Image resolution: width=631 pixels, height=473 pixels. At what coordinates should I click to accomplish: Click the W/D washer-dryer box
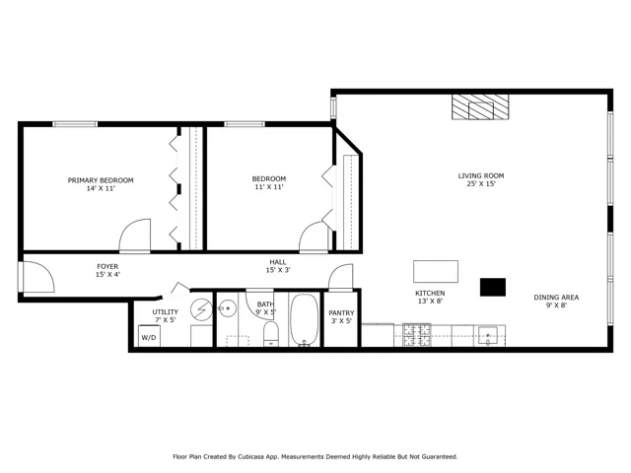click(x=149, y=336)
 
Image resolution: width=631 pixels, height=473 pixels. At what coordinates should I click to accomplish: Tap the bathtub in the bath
click(x=305, y=320)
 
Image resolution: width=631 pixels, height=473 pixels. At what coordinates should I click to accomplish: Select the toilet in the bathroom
click(x=271, y=334)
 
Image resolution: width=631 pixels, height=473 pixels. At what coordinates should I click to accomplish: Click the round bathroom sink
click(x=228, y=308)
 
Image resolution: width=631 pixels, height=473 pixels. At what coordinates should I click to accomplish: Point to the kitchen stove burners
click(x=417, y=335)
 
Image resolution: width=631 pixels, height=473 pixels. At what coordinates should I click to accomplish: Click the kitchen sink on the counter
click(x=488, y=336)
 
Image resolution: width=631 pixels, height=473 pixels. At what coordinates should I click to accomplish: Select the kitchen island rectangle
click(x=436, y=272)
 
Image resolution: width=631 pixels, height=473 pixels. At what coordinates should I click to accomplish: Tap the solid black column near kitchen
click(x=493, y=287)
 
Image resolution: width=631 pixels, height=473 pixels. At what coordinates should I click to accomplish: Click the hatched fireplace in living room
click(x=480, y=107)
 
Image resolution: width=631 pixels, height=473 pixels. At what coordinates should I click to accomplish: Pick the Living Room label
click(x=481, y=179)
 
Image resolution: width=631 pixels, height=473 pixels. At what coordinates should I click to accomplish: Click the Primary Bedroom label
click(x=101, y=184)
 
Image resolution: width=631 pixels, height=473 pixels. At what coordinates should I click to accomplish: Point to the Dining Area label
click(x=556, y=301)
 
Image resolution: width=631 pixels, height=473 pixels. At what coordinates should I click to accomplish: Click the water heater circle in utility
click(x=201, y=309)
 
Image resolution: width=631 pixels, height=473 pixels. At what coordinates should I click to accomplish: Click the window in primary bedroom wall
click(x=75, y=124)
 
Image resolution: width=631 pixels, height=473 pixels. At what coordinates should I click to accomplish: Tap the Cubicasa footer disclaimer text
click(x=315, y=456)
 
